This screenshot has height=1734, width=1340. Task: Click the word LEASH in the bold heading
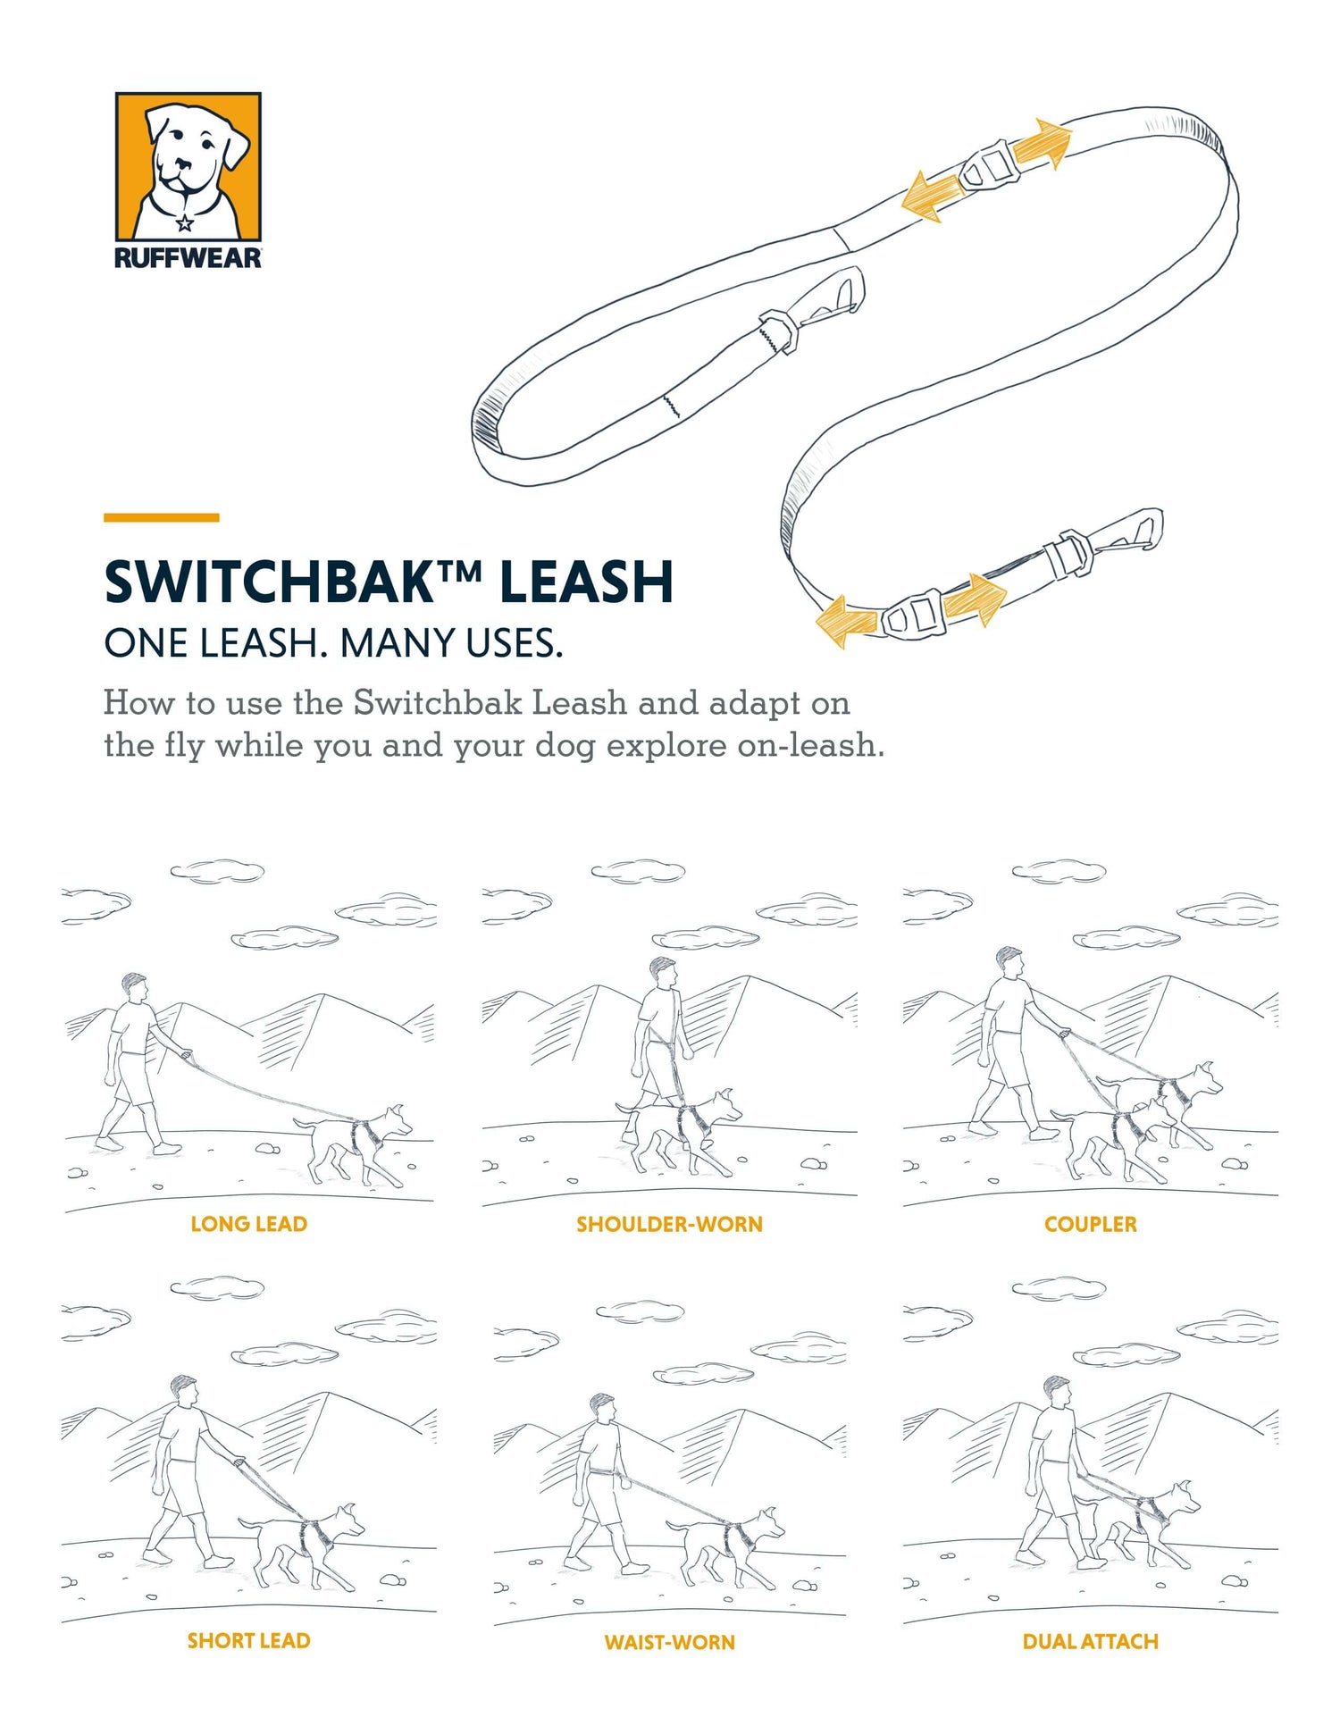tap(586, 582)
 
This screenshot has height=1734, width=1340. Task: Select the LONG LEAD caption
tap(248, 1224)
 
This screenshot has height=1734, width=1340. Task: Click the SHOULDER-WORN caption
tap(669, 1224)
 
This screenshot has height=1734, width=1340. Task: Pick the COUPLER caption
tap(1090, 1224)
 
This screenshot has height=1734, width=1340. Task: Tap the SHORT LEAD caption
tap(248, 1641)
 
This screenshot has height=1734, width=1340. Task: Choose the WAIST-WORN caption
tap(669, 1642)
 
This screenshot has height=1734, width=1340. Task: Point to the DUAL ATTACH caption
tap(1090, 1641)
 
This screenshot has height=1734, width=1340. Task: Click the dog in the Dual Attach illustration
tap(1148, 1523)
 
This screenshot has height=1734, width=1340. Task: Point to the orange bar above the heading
tap(161, 517)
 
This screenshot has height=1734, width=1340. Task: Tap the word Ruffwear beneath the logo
tap(188, 258)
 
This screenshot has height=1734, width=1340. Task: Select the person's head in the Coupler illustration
tap(1009, 961)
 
